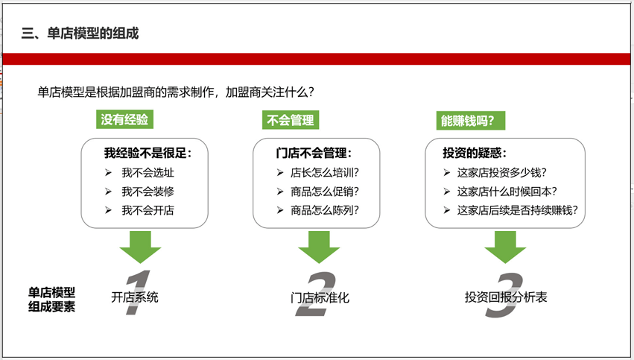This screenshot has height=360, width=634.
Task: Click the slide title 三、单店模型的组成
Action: [80, 34]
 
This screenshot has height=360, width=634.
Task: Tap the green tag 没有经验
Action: [124, 119]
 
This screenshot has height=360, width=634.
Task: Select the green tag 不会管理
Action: [291, 120]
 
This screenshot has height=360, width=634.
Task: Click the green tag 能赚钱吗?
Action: [471, 121]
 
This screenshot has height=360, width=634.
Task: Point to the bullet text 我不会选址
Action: [148, 173]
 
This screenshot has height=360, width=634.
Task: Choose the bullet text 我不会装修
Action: [148, 192]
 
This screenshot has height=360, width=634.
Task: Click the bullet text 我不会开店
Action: [148, 210]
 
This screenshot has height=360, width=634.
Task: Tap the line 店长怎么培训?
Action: [325, 173]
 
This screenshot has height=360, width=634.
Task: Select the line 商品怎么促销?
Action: [325, 192]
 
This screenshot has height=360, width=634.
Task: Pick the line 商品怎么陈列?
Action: [325, 210]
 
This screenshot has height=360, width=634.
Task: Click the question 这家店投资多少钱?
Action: [502, 173]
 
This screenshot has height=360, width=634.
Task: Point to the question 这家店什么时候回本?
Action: [507, 192]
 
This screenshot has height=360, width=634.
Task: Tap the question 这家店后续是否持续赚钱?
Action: [518, 210]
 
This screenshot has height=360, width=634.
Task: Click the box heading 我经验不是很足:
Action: [148, 153]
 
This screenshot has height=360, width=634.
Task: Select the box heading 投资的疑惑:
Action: [475, 153]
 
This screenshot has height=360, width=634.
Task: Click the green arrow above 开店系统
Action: [140, 247]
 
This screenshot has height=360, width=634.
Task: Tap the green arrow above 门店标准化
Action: [319, 247]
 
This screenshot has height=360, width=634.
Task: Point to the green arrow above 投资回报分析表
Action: [505, 247]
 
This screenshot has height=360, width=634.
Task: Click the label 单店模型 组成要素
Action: [51, 300]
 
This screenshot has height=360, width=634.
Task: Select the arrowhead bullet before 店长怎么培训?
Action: [280, 173]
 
